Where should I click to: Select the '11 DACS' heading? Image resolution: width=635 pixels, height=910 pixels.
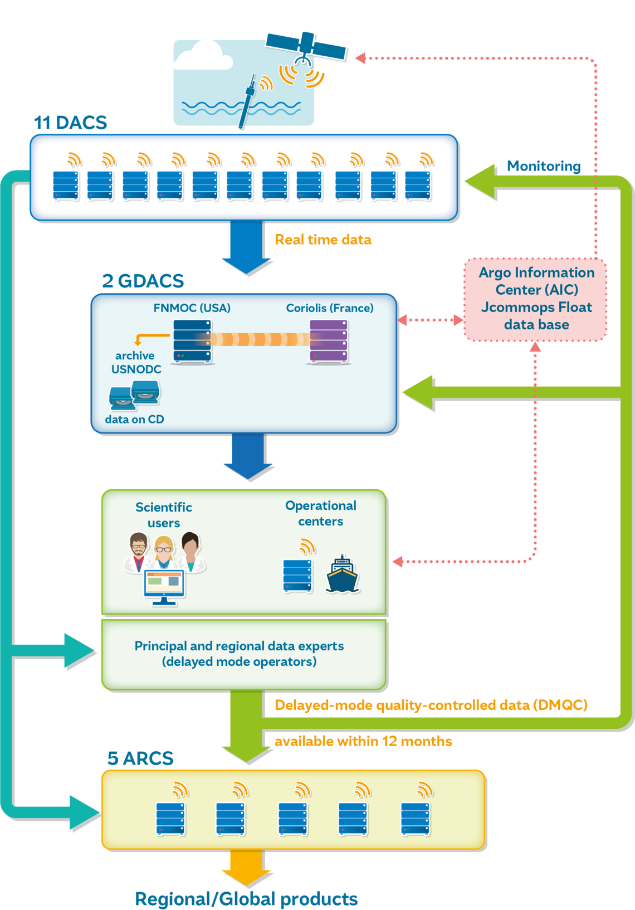coord(70,123)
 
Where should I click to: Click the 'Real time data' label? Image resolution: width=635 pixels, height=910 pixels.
coord(323,240)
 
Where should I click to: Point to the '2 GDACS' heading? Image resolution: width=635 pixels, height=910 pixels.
coord(143,281)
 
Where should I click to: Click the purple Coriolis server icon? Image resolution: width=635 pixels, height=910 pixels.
coord(329,342)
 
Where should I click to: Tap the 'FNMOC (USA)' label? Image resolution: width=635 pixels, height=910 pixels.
coord(192,308)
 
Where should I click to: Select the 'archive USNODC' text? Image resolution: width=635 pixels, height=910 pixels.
coord(136,362)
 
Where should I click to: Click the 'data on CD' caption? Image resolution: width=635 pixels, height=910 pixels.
coord(134,419)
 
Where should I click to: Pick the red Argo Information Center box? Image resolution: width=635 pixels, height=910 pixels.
coord(535,299)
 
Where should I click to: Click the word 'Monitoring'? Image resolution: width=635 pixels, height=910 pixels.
coord(543,166)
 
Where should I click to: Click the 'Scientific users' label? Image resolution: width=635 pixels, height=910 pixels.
coord(164,514)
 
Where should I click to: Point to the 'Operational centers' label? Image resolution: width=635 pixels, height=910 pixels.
coord(320,513)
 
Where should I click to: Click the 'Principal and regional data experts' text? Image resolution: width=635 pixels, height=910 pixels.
coord(239,646)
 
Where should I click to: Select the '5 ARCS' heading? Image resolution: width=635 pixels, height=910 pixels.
coord(140,758)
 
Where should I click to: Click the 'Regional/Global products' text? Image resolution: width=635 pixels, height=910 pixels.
coord(246,899)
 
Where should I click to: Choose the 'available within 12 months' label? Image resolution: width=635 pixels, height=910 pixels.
coord(363,741)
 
